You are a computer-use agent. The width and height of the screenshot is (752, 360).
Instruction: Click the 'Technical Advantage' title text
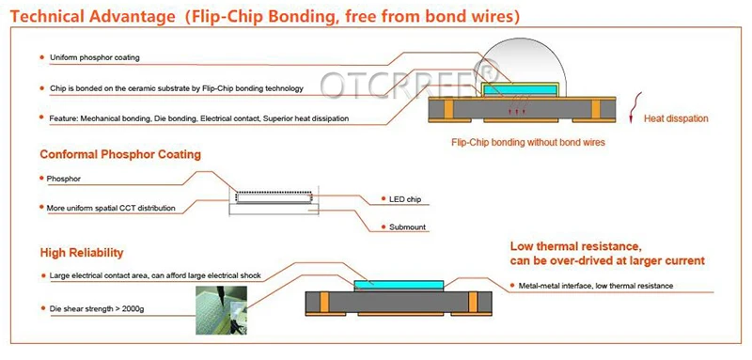92,17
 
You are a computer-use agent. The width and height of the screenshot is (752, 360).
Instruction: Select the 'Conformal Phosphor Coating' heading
120,155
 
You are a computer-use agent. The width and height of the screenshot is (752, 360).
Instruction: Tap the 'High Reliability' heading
82,253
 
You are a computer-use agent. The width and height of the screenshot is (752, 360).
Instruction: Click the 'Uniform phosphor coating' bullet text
95,57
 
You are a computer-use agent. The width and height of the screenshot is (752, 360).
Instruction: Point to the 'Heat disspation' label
676,118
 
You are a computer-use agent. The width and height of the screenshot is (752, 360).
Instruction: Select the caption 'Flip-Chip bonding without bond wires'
528,142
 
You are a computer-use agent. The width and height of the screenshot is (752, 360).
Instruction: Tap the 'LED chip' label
405,199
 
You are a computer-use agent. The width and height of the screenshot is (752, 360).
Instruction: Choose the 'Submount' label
407,227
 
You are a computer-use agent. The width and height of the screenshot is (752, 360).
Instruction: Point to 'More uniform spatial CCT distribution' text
111,209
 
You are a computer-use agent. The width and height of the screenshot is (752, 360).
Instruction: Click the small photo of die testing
221,310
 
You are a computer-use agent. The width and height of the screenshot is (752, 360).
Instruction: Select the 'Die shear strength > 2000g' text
97,308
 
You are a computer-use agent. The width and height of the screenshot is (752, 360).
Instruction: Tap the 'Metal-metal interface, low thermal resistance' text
596,286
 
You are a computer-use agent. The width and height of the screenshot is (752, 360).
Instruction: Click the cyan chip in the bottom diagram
399,285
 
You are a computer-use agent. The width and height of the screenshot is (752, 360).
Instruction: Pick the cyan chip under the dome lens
520,89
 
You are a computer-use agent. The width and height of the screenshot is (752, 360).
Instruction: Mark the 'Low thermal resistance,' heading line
575,247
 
